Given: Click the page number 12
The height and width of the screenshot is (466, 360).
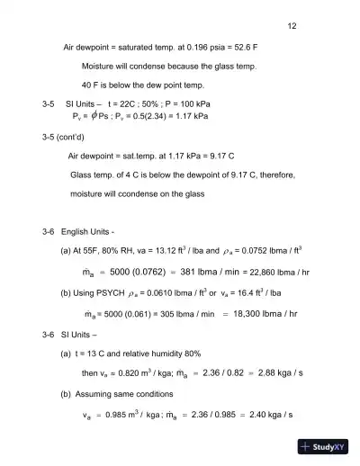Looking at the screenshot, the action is coord(292,26).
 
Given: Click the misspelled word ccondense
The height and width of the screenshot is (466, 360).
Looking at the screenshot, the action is coord(139,193).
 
